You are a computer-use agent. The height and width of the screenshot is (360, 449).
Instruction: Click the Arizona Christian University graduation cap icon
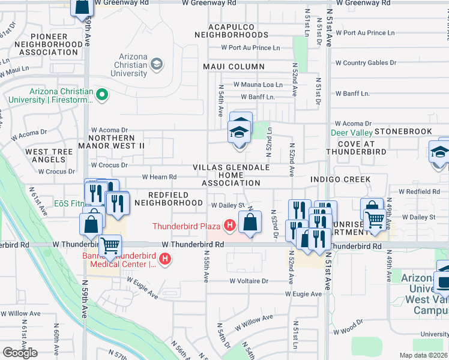tap(156, 64)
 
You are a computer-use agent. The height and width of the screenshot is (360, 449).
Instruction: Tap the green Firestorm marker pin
tap(102, 94)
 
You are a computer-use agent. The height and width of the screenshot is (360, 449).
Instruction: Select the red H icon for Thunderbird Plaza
tap(229, 226)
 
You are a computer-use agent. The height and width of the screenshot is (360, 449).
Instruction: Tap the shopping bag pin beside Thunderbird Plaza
tap(250, 223)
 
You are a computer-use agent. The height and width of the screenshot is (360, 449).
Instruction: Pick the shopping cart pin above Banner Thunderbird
tap(110, 245)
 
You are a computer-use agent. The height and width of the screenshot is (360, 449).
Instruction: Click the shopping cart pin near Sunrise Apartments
tap(375, 219)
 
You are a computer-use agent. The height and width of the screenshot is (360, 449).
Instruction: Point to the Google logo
tap(20, 352)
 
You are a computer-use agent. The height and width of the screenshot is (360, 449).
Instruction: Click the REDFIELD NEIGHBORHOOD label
tap(175, 199)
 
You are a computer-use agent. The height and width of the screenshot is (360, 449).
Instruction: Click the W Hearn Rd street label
tap(159, 177)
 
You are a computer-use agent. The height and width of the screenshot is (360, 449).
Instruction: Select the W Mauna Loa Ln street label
tap(258, 85)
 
